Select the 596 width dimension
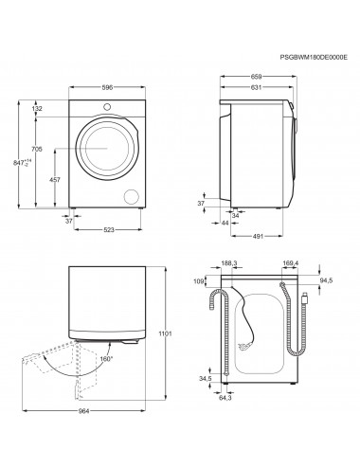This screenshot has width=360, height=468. [x=107, y=87]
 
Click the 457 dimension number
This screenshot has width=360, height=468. [x=56, y=179]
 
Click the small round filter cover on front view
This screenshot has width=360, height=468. [x=130, y=195]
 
